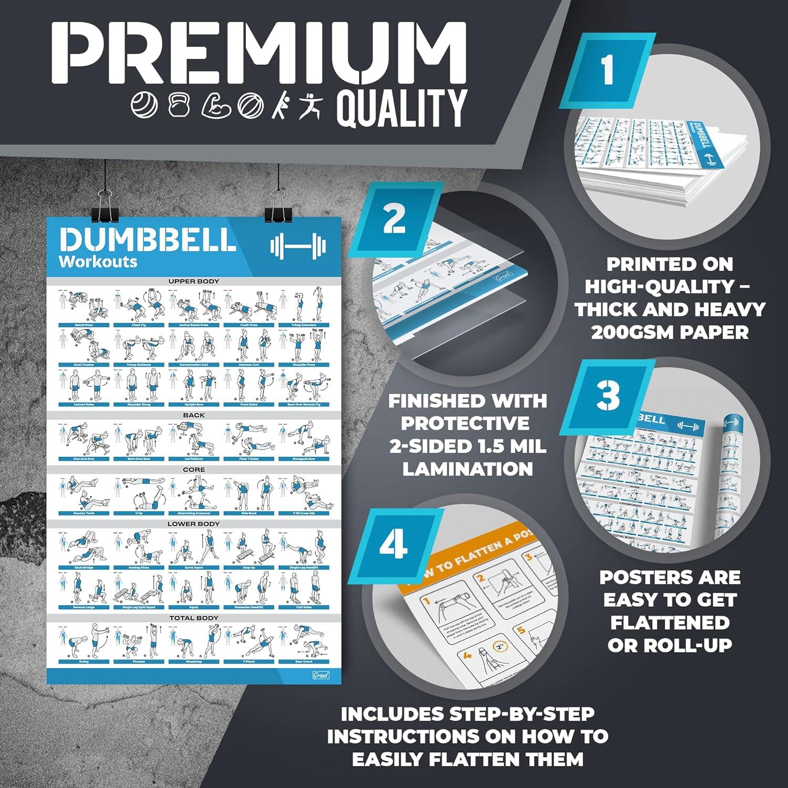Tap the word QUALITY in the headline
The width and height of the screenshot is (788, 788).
(x=401, y=108)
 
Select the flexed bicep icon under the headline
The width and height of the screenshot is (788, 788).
(x=216, y=106)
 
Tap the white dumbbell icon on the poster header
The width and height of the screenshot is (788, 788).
(x=297, y=246)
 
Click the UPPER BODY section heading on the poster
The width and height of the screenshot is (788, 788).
(x=193, y=282)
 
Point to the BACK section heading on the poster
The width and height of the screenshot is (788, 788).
(x=193, y=415)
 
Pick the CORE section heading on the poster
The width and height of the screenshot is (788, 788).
(x=193, y=469)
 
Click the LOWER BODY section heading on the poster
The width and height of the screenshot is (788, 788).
(x=193, y=524)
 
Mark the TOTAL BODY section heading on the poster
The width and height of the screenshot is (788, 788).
(x=193, y=618)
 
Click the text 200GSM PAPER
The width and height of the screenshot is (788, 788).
(x=670, y=333)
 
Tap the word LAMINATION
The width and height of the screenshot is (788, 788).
(x=468, y=469)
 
